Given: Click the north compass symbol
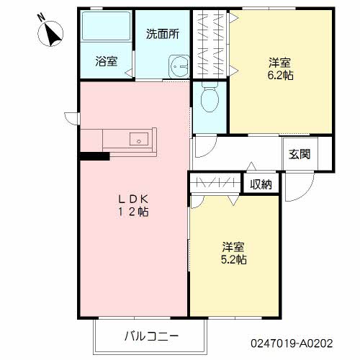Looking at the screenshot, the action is [x=50, y=33].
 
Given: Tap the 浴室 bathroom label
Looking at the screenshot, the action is [x=107, y=61].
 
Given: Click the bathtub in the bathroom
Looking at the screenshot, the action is [x=107, y=26].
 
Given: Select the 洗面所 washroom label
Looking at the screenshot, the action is [x=163, y=34].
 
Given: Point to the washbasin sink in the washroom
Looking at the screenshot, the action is [x=179, y=66].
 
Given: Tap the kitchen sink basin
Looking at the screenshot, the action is [x=139, y=139].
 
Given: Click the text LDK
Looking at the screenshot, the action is [x=133, y=199].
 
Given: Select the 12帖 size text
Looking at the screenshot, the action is [x=133, y=212].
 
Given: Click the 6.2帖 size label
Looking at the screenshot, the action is [x=280, y=76].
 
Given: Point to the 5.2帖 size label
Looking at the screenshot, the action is [x=233, y=259].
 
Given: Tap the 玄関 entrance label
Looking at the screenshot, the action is [x=300, y=154].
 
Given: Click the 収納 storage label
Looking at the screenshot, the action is [x=261, y=184].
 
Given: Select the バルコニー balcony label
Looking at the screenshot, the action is [x=151, y=336].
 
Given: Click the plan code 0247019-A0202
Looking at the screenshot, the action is [x=292, y=343].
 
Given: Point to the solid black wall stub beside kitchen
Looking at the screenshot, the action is [x=95, y=156].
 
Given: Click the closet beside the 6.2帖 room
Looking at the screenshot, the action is [x=210, y=44].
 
